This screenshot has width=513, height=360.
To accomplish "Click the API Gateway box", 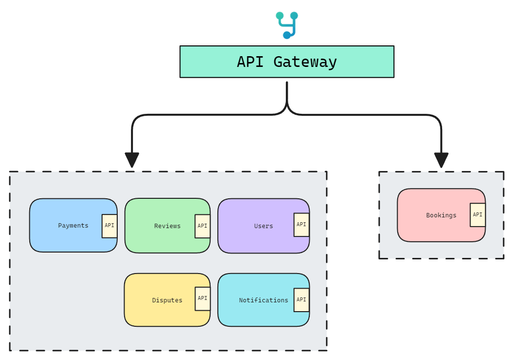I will tap(286, 62).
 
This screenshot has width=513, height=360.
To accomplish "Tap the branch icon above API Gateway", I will tap(287, 25).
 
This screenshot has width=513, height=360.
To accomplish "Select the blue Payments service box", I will tap(66, 225).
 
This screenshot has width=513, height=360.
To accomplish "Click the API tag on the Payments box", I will tap(109, 226).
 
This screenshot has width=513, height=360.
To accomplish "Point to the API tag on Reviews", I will tap(202, 226).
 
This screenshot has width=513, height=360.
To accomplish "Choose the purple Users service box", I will tap(256, 226).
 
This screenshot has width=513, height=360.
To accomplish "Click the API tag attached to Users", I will tap(301, 225).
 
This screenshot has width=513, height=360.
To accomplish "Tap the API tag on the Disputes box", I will tap(202, 298).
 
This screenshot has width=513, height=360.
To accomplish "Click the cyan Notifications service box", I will tap(256, 300).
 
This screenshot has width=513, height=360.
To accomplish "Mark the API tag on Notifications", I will tap(301, 299).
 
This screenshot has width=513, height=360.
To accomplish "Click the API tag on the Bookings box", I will tap(477, 215).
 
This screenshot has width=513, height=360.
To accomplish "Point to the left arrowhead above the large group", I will tap(132, 160).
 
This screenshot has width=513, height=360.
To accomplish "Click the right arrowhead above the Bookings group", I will tap(441, 160).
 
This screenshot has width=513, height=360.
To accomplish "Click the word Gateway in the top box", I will tap(305, 62).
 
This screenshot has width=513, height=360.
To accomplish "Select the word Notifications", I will tap(263, 300).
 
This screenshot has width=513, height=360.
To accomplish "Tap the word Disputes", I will tap(167, 300).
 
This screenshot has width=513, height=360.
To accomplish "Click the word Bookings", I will tap(441, 215).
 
